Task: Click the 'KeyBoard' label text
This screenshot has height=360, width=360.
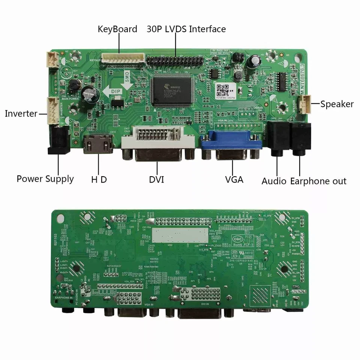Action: [117, 29]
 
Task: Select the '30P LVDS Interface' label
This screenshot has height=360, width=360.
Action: [186, 29]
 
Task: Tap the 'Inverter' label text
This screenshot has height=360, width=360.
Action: [21, 114]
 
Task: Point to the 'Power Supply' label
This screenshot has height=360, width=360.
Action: [45, 179]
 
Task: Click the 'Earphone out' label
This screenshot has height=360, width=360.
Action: [318, 181]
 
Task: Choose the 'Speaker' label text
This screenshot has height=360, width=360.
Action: [337, 104]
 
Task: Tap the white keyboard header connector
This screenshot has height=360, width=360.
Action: [123, 58]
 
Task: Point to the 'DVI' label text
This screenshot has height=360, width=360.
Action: [156, 179]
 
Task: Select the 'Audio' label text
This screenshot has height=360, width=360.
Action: [274, 181]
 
